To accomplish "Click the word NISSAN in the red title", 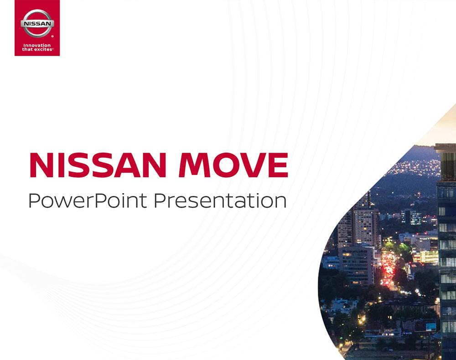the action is click(x=98, y=165).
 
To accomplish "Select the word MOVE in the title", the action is click(x=233, y=165).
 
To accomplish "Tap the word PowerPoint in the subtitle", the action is click(x=88, y=201).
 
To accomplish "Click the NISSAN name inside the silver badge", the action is click(x=37, y=24).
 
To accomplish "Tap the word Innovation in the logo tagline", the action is click(x=37, y=45).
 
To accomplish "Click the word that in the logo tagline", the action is click(x=28, y=49).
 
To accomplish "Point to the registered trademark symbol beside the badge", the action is click(x=52, y=36).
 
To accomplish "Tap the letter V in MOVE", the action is click(x=252, y=165).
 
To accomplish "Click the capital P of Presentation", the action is click(x=159, y=200).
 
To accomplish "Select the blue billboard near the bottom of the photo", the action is click(x=431, y=327).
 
